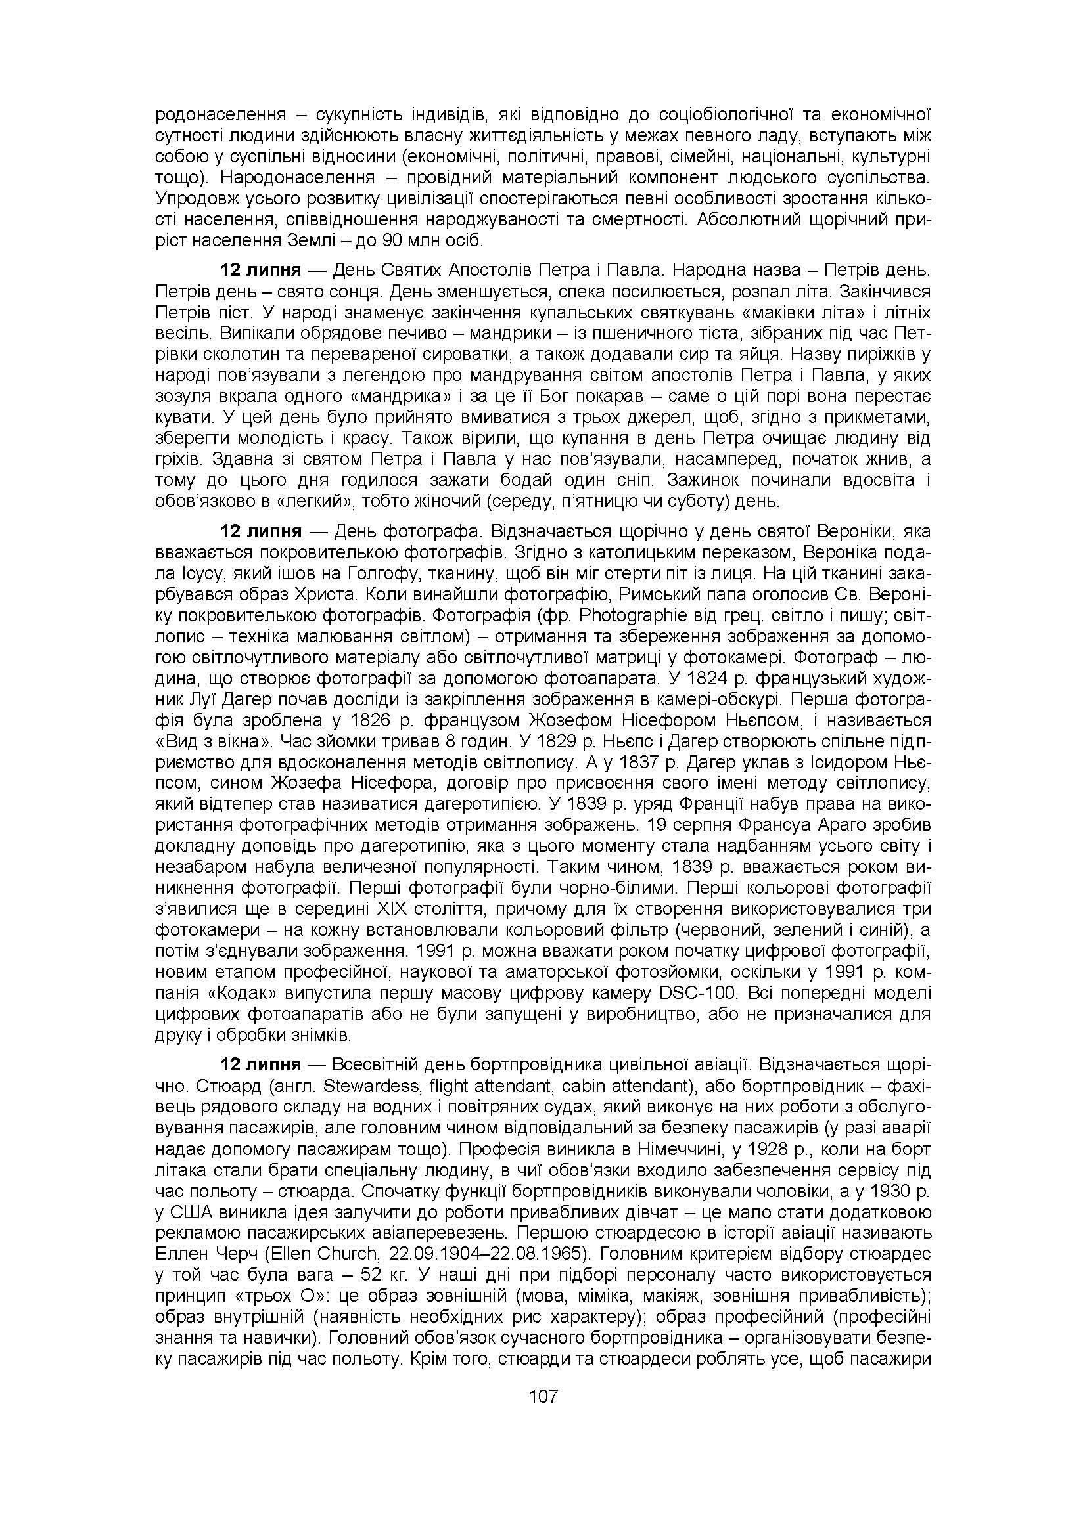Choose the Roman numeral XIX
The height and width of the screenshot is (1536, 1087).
click(x=395, y=909)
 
